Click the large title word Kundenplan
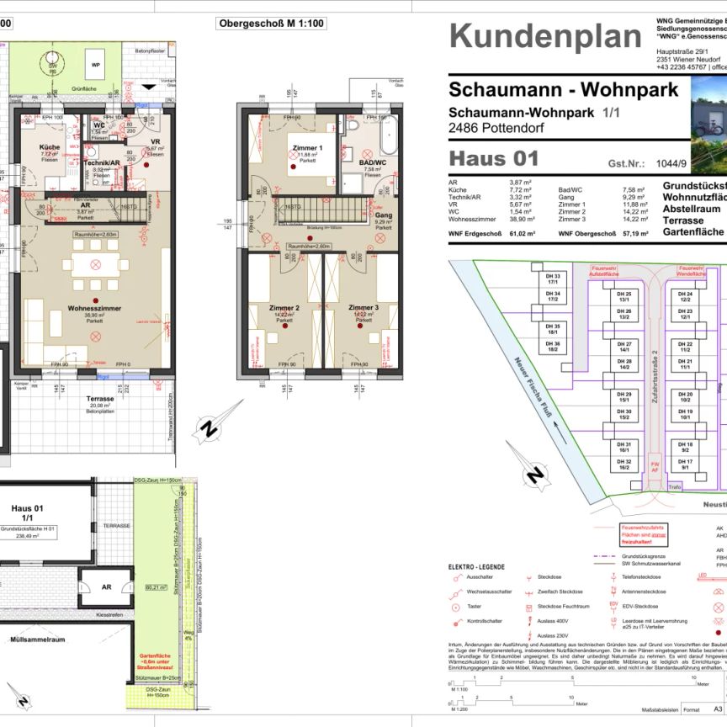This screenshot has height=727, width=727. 545,38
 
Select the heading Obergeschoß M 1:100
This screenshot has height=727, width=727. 272,24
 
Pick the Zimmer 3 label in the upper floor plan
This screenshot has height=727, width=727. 364,308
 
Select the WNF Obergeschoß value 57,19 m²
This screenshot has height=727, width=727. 630,236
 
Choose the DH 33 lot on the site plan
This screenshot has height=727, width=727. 553,279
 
